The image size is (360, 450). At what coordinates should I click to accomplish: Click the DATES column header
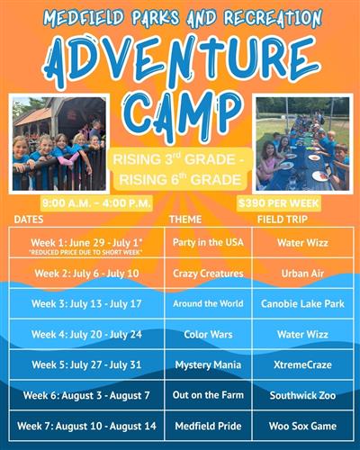pos(31,220)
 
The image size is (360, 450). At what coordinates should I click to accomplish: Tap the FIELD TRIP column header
pos(284,220)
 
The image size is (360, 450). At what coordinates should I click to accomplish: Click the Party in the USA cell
pos(207,243)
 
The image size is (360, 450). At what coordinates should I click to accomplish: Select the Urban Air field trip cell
pos(301,273)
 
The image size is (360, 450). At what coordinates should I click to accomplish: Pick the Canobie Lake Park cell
pos(301,303)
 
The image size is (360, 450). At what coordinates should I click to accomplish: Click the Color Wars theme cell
pos(207,334)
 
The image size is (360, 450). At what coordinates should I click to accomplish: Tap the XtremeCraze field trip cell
pos(301,364)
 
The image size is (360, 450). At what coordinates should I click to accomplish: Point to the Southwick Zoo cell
pos(301,394)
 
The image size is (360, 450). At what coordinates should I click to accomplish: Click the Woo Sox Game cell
pos(301,425)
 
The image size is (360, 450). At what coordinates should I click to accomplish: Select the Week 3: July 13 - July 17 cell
pos(85,303)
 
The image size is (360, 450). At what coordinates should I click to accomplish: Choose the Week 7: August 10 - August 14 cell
pos(85,425)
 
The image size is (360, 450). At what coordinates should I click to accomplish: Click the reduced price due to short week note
pos(85,253)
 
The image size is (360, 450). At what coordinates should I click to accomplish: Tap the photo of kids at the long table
pos(301,142)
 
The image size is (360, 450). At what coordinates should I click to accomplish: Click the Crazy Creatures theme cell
pos(207,273)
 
